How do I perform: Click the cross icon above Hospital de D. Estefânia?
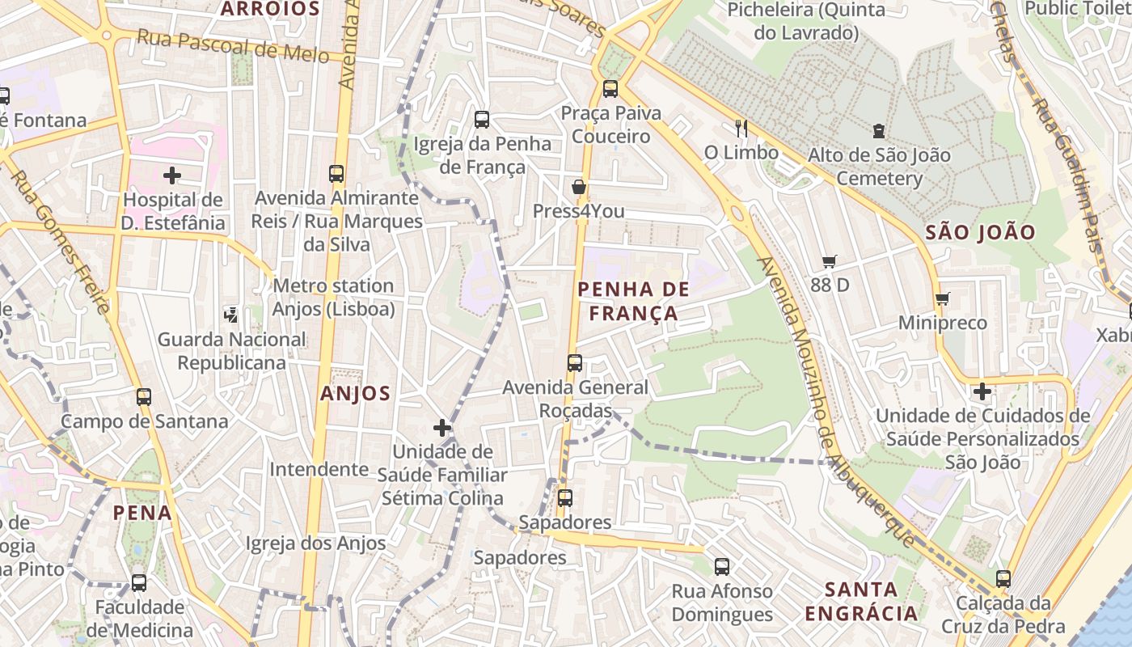coord(171,175)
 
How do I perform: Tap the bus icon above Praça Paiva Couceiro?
coord(610,89)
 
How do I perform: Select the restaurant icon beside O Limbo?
coord(741,128)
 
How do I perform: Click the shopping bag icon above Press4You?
coord(579,188)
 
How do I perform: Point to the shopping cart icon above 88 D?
coord(829,261)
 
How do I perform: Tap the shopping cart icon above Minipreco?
coord(942,299)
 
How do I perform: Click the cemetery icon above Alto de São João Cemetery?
coord(879,130)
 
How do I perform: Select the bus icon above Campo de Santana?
coord(144,397)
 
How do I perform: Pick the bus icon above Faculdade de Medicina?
coord(139,582)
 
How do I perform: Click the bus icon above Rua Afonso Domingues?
coord(722,567)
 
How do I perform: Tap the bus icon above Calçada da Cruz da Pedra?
coord(1003,579)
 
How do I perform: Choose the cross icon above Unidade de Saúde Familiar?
coord(441,428)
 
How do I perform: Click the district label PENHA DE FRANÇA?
coord(634,301)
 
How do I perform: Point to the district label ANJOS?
coord(355,394)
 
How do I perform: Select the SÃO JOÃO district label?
coord(980,233)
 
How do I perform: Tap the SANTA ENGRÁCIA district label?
coord(862,601)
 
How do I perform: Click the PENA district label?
coord(142,513)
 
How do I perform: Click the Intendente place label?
coord(319,469)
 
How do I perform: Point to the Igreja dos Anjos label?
coord(315,543)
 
